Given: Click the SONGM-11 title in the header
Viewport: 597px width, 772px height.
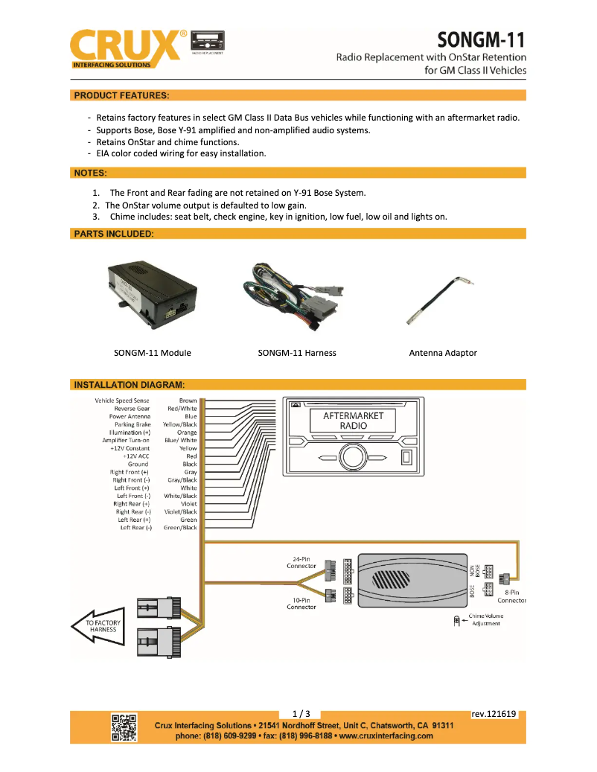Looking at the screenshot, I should pos(482,39).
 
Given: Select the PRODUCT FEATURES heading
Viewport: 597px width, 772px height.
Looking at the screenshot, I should pos(121,95).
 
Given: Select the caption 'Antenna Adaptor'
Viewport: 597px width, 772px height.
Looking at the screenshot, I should pos(443,353).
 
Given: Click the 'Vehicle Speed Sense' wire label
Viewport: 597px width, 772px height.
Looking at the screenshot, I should pos(122,401).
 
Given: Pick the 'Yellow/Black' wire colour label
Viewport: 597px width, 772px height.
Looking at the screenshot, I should pos(180,424).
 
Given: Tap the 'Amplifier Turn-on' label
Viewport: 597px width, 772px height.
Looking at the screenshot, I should pos(127,441).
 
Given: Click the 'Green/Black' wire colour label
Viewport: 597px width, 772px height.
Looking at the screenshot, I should pos(180,528).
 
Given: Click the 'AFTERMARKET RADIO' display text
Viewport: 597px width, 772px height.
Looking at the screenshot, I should pos(354,421).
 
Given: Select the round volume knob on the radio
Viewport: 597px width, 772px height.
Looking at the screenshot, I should pos(354,456).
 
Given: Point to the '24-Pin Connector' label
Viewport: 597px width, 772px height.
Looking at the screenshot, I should pos(301,562).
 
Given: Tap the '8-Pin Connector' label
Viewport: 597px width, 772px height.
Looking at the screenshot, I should pos(511,596).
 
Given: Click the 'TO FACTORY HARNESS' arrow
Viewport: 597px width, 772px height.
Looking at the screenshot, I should pos(98,625).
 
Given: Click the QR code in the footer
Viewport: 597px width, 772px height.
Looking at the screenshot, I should pos(124,727).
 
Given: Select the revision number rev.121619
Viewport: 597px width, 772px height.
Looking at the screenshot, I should pos(494,714).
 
